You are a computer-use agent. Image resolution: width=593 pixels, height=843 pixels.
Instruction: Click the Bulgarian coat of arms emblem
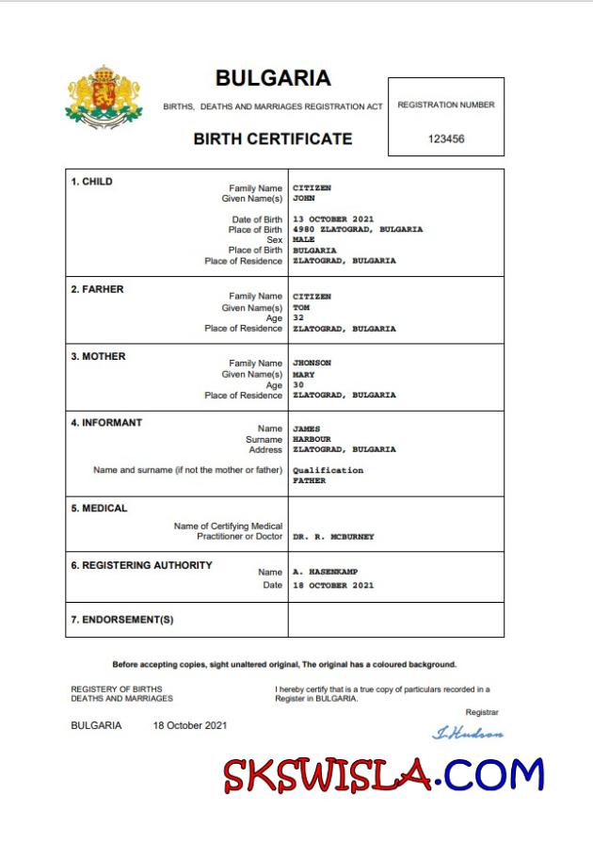104,96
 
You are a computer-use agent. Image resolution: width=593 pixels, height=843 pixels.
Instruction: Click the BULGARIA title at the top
273,78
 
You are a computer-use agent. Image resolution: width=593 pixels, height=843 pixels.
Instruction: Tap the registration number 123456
446,138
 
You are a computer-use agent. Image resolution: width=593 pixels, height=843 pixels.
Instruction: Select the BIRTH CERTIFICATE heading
273,138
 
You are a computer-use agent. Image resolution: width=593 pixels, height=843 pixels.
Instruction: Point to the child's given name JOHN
303,199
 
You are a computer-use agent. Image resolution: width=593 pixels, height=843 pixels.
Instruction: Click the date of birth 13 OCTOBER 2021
333,219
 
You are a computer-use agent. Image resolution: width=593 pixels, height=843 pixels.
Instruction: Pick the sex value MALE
303,240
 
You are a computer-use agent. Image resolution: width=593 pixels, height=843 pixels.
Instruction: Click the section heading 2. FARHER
97,289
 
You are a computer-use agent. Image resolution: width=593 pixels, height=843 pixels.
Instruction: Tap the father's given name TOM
301,308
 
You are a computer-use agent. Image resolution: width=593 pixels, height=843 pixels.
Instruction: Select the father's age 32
298,318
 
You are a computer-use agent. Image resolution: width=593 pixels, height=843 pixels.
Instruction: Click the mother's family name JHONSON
313,363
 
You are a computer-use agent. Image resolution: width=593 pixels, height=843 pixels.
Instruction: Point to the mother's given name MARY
303,374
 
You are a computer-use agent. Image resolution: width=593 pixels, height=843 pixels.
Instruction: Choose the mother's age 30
298,384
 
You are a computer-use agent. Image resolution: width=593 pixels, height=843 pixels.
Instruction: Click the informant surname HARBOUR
312,439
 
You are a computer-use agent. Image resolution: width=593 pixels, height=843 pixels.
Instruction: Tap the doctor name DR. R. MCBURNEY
333,536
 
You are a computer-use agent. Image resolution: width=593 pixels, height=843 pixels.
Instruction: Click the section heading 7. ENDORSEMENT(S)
122,620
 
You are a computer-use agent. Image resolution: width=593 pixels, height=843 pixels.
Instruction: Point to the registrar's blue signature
467,733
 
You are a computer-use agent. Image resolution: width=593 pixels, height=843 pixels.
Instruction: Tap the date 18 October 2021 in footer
189,725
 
